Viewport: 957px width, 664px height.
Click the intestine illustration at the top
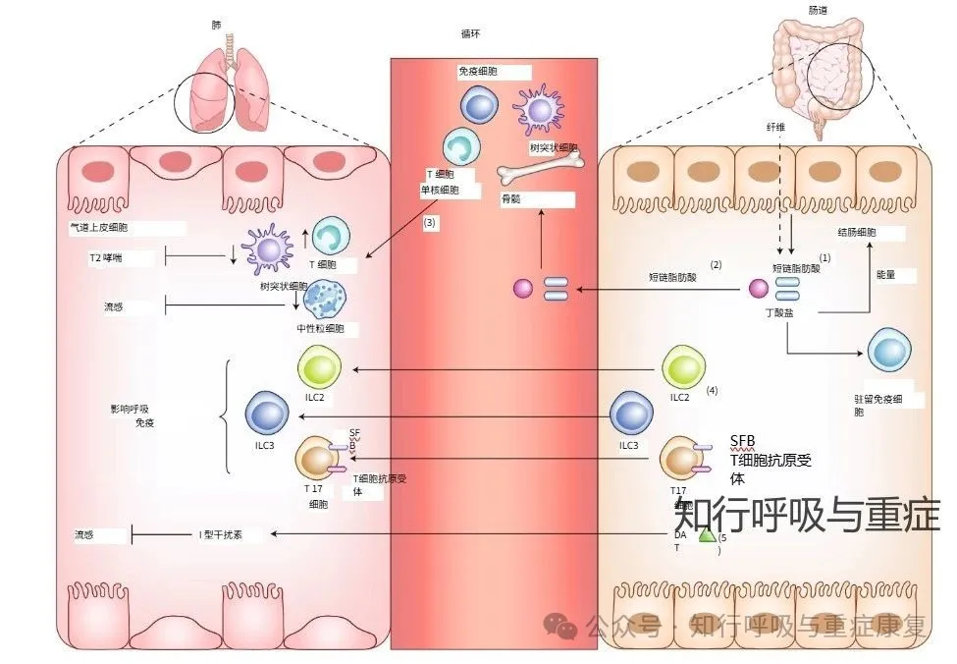[x=822, y=74]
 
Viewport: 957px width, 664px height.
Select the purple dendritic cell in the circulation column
[x=539, y=108]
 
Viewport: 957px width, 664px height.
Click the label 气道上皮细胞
[x=98, y=227]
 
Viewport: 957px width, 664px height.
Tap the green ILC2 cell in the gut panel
[x=687, y=367]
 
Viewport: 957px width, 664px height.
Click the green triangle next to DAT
[x=706, y=536]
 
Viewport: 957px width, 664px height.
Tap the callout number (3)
[x=430, y=223]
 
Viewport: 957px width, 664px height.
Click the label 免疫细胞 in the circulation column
[x=477, y=72]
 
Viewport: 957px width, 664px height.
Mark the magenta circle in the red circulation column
[x=523, y=289]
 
